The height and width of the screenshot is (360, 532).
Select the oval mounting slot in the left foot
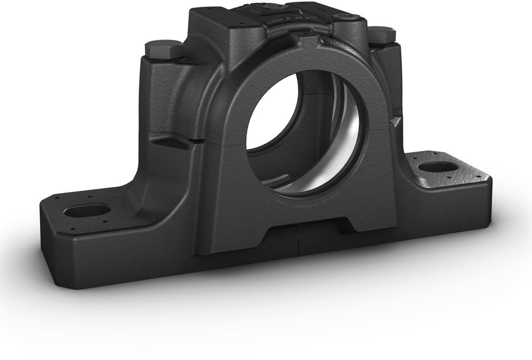[x=86, y=210]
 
